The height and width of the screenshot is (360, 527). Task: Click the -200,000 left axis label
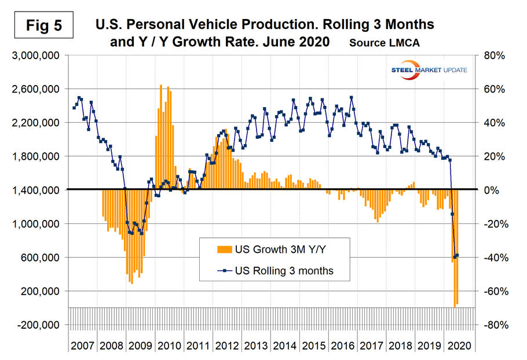(x=35, y=325)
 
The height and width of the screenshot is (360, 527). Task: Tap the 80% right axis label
(x=491, y=56)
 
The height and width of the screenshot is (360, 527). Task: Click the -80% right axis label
(x=489, y=325)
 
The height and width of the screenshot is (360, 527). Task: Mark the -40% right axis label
(x=489, y=258)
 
